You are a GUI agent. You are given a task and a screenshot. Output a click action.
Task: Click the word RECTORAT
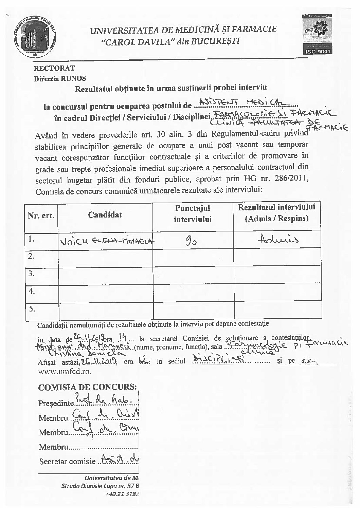pyautogui.click(x=54, y=68)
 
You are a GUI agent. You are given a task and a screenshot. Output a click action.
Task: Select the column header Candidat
pyautogui.click(x=105, y=214)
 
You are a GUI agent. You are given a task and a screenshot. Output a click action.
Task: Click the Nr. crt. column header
pyautogui.click(x=41, y=216)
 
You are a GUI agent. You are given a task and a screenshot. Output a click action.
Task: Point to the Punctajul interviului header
pyautogui.click(x=193, y=213)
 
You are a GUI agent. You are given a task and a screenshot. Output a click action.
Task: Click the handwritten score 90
pyautogui.click(x=192, y=241)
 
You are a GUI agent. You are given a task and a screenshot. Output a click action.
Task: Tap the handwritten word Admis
pyautogui.click(x=277, y=240)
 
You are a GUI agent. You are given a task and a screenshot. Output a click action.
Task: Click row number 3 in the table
pyautogui.click(x=32, y=274)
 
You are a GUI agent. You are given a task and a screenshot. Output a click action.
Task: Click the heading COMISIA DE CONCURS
pyautogui.click(x=88, y=387)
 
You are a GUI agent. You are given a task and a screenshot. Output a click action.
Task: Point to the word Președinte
pyautogui.click(x=56, y=403)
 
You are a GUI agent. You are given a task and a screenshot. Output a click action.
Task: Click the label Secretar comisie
pyautogui.click(x=67, y=462)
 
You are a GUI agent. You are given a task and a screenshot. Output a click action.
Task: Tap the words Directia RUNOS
pyautogui.click(x=60, y=79)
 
